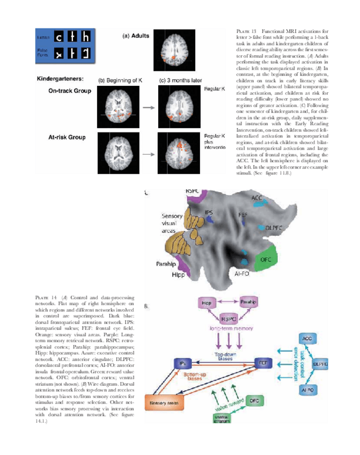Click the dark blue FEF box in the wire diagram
pyautogui.click(x=263, y=363)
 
